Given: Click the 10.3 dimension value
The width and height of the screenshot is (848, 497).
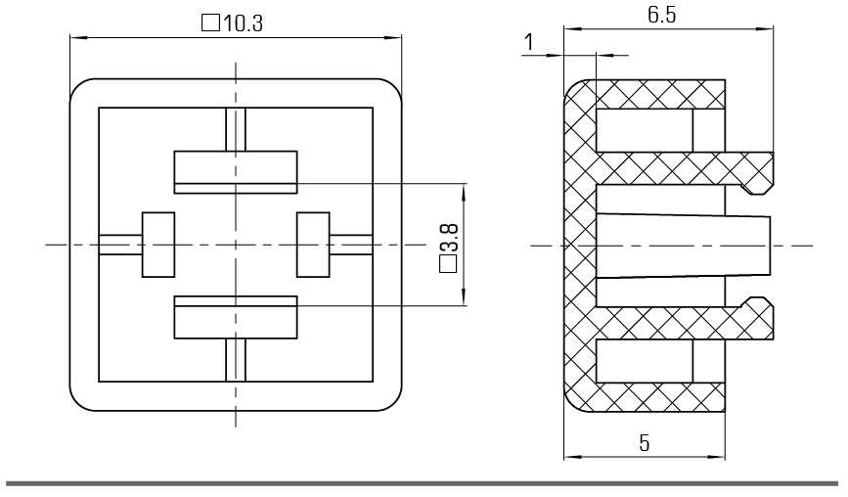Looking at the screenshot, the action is (243, 23).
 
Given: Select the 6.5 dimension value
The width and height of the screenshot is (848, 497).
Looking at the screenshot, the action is (662, 15).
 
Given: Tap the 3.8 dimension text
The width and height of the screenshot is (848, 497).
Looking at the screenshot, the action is (449, 238).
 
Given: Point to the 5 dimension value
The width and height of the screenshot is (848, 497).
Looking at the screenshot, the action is (644, 443).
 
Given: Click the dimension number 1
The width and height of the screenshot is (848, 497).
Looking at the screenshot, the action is (529, 42).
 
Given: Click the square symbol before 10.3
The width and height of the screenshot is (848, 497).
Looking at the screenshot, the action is (210, 23).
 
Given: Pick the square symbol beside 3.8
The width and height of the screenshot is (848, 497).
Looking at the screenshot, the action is (448, 264).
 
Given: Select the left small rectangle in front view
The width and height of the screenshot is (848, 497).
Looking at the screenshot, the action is (158, 245).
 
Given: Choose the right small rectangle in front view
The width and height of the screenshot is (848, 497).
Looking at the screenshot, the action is (313, 245).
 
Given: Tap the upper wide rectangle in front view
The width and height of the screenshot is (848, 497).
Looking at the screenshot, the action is (236, 172).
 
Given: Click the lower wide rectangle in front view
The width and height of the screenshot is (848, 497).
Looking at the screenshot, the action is (236, 317).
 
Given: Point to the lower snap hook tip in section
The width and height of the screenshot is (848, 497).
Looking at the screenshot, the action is (757, 301).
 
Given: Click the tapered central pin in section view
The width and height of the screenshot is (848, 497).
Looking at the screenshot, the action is (683, 246).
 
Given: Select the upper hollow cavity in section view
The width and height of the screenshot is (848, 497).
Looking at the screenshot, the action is (645, 130).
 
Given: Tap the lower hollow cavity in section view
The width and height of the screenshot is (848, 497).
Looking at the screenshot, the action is (645, 361).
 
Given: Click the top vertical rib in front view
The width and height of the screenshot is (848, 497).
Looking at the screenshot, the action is (236, 129).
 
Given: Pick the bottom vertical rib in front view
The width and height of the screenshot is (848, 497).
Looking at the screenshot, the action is (236, 360).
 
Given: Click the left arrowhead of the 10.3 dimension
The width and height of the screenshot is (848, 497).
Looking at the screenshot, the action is (78, 37).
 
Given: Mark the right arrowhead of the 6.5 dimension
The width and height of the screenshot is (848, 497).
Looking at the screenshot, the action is (765, 28).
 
